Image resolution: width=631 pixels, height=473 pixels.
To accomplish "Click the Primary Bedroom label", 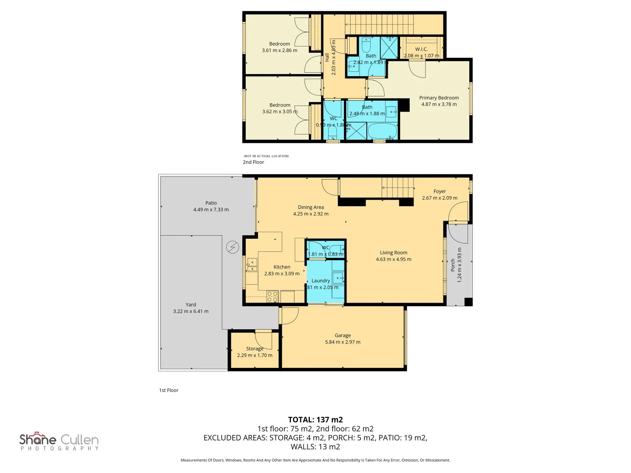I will point(439,98).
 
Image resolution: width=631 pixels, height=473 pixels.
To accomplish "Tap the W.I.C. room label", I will point(421,49).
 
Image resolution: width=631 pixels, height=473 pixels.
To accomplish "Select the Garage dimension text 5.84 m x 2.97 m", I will point(343,342).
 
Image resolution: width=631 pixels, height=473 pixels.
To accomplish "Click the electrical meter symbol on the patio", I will point(232,247).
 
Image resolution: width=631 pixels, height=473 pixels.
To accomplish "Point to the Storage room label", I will point(255,349).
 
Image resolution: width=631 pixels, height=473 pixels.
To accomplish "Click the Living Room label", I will point(393,253).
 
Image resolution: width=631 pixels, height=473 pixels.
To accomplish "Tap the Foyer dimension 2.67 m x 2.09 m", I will point(440,198).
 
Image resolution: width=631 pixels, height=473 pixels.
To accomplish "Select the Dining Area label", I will point(311,207).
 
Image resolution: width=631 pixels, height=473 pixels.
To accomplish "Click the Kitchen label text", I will point(282,267).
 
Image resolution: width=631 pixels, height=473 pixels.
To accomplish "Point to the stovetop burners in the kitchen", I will point(273,297).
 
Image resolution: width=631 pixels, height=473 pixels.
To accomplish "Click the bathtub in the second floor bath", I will point(382,131).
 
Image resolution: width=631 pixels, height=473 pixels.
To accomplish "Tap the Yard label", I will point(191,304).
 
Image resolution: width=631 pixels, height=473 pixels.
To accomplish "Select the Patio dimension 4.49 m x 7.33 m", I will point(211,210).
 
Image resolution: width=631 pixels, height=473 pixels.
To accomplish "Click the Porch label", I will point(453,265).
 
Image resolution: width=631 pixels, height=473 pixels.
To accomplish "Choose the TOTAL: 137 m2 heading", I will point(315,420).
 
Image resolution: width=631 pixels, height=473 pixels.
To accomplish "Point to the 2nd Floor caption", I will point(253,162).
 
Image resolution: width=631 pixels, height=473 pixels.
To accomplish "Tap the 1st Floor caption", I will point(169,390).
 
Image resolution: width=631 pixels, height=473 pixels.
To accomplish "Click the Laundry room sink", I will point(337,277).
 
